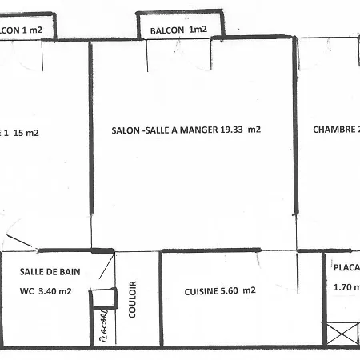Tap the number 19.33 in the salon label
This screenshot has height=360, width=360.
pyautogui.click(x=233, y=129)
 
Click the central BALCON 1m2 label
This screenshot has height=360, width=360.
pyautogui.click(x=175, y=30)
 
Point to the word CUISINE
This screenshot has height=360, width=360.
pyautogui.click(x=200, y=291)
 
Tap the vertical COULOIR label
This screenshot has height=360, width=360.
pyautogui.click(x=133, y=298)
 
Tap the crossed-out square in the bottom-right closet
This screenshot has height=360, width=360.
pyautogui.click(x=341, y=333)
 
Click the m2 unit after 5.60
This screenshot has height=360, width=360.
pyautogui.click(x=250, y=291)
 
